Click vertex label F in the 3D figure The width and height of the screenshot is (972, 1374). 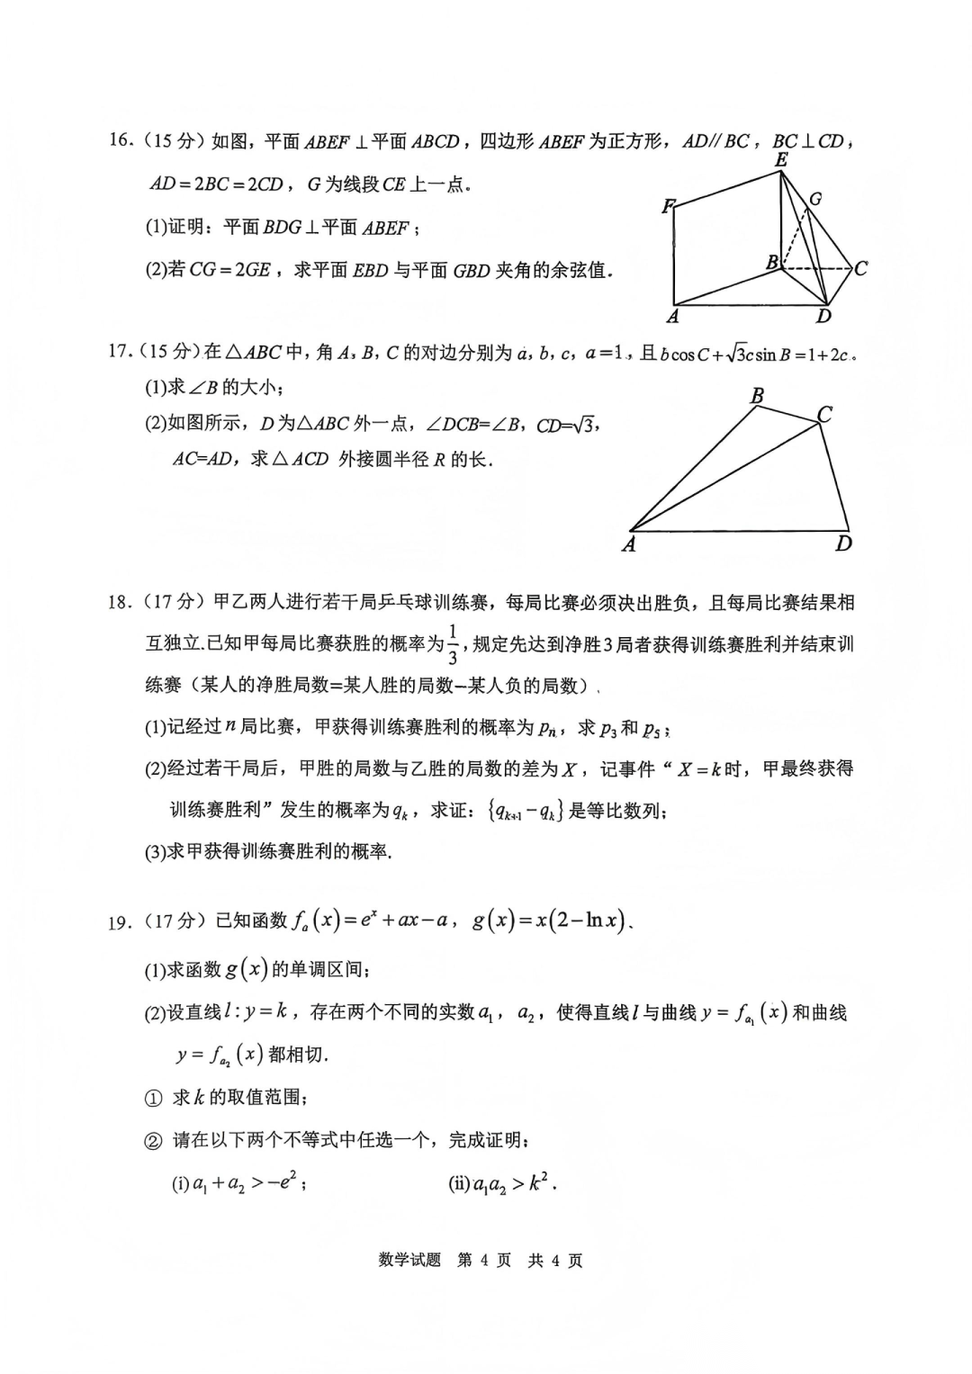click(668, 207)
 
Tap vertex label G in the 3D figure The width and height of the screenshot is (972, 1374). click(815, 199)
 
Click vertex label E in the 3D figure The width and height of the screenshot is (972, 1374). click(781, 160)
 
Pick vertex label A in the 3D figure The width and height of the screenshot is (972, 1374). click(672, 317)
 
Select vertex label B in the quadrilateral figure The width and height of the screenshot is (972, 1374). click(757, 396)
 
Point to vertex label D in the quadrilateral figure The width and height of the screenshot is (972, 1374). click(843, 543)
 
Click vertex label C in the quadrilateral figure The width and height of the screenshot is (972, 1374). click(824, 414)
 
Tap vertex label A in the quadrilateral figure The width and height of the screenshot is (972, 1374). click(629, 544)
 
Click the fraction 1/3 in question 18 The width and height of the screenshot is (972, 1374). click(453, 643)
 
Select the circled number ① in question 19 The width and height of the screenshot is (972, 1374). click(153, 1098)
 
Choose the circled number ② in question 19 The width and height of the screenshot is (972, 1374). click(153, 1141)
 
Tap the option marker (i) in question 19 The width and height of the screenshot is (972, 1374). click(180, 1184)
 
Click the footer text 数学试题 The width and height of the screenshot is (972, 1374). click(409, 1261)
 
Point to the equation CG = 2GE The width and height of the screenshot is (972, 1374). click(229, 270)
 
